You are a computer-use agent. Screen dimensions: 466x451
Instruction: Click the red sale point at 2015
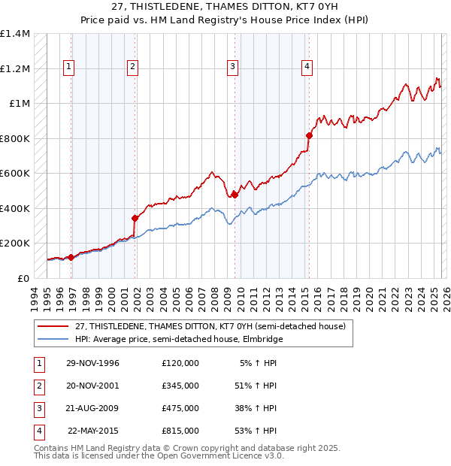[x=309, y=135]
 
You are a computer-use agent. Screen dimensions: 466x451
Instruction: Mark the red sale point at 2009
[x=235, y=195]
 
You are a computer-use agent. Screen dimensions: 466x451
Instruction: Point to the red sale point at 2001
[x=135, y=218]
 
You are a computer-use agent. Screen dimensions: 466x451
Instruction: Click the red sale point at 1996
[x=71, y=257]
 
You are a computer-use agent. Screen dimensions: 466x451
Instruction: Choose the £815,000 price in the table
[x=180, y=431]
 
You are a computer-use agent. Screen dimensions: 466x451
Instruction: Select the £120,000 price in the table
[x=180, y=363]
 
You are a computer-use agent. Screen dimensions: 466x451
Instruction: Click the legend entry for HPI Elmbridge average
[x=178, y=339]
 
